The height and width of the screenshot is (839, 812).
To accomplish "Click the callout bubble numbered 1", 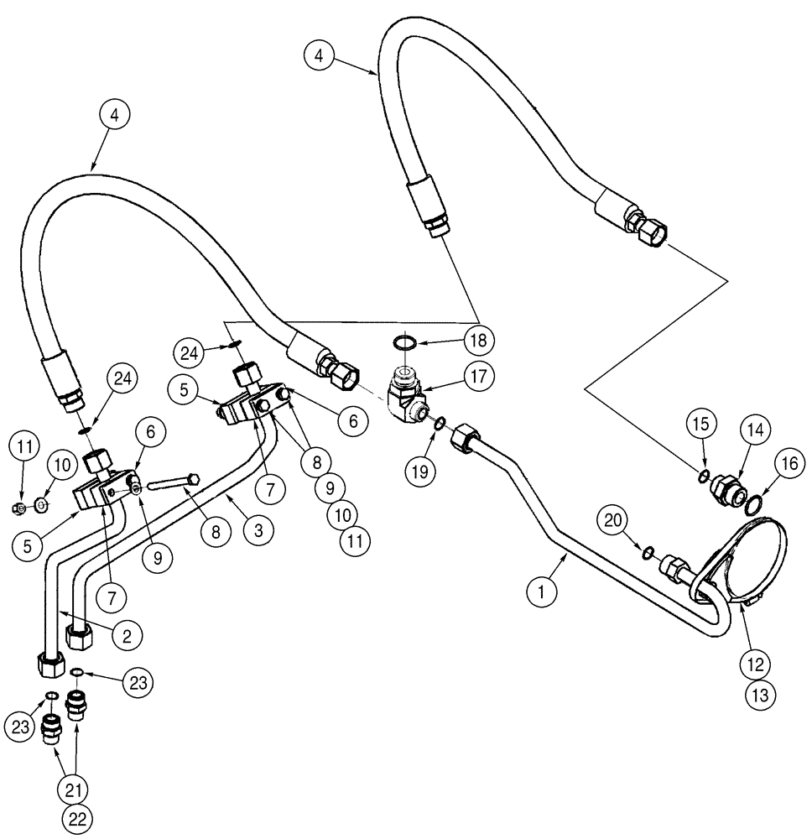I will point(541,591).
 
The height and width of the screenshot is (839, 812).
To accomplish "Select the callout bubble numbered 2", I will point(126,635).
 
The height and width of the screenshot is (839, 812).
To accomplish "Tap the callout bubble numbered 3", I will point(258,529).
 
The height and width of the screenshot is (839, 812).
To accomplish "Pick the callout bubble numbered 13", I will point(765,694).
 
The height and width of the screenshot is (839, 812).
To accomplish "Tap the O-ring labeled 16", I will point(753,503).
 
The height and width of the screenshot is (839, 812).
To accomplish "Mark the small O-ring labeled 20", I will point(647,552).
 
